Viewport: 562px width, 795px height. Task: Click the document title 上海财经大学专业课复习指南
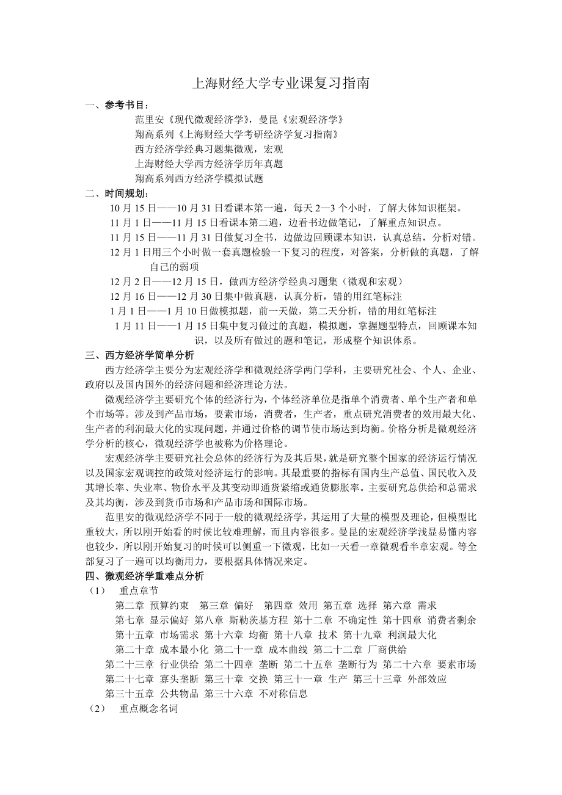point(280,84)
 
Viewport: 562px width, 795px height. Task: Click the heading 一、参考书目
point(117,105)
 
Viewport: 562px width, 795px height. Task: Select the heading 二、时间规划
point(117,194)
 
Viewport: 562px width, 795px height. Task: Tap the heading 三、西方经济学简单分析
point(140,355)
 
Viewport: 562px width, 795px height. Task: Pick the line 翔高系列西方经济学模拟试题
point(199,178)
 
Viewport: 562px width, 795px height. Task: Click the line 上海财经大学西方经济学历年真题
point(208,164)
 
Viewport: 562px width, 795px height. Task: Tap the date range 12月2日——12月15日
point(163,281)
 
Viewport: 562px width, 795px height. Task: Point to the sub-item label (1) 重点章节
point(122,590)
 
